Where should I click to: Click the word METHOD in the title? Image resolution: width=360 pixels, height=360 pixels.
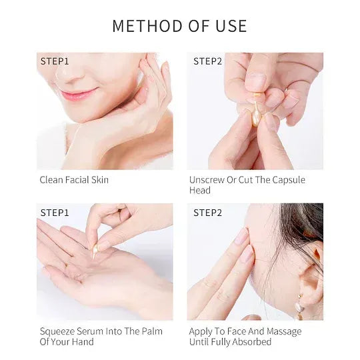pos(147,26)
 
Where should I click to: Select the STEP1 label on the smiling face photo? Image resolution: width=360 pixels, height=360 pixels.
pos(55,61)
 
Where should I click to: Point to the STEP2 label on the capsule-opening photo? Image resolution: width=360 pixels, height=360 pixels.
pos(208,61)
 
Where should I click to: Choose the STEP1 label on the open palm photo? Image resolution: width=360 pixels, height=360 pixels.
pos(55,213)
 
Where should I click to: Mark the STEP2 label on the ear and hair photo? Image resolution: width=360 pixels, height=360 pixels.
pos(208,213)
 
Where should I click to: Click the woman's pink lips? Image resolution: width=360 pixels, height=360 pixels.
pos(79,94)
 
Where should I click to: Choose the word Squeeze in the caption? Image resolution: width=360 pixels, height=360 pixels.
pos(57,332)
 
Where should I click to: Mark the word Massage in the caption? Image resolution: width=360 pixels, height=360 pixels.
pos(284,332)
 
